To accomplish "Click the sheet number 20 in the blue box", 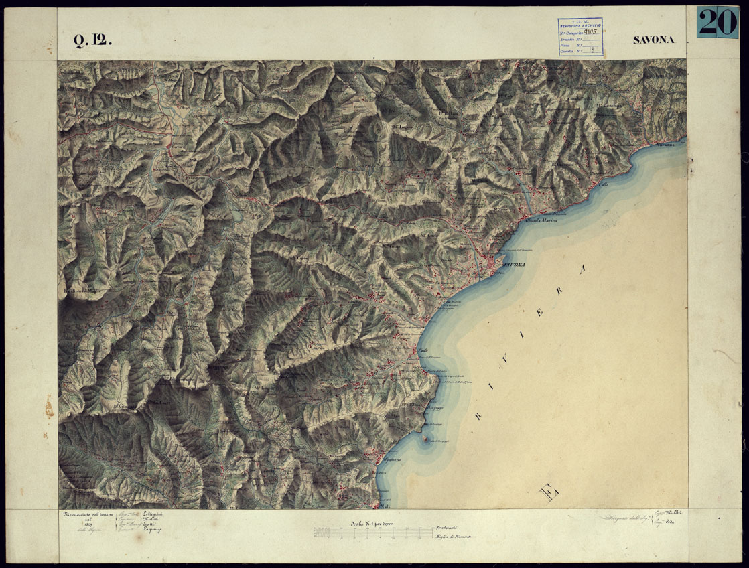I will pyautogui.click(x=718, y=22).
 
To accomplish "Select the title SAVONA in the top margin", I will pyautogui.click(x=653, y=40).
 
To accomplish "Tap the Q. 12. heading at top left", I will pyautogui.click(x=92, y=42).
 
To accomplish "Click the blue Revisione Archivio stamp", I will pyautogui.click(x=580, y=38).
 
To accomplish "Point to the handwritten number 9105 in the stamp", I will pyautogui.click(x=592, y=31).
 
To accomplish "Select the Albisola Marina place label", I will pyautogui.click(x=541, y=221).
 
